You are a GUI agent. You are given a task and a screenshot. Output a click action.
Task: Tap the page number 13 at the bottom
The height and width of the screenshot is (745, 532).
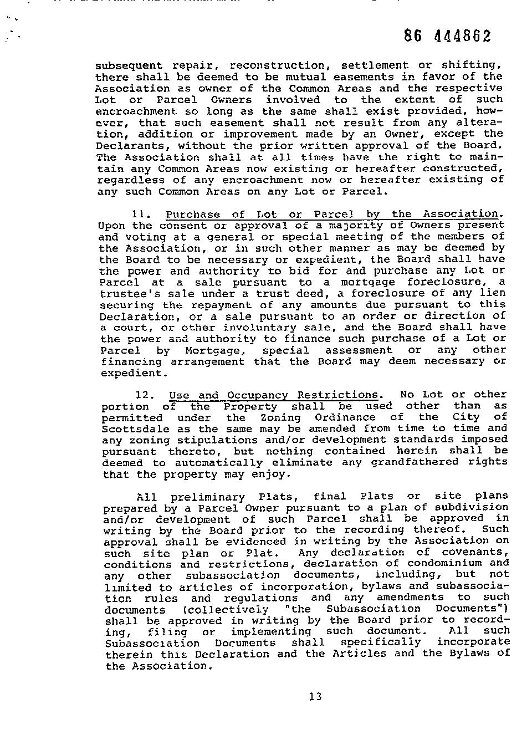tap(315, 697)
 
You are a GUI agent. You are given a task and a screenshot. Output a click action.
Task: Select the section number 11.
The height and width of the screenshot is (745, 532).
tap(139, 215)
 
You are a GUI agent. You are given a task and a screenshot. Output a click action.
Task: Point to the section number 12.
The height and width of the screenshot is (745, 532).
tap(143, 395)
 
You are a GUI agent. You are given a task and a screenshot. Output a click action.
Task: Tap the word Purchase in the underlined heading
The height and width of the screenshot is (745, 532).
tap(193, 215)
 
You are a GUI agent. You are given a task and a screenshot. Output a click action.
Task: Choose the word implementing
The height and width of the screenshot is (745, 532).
tap(271, 632)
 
